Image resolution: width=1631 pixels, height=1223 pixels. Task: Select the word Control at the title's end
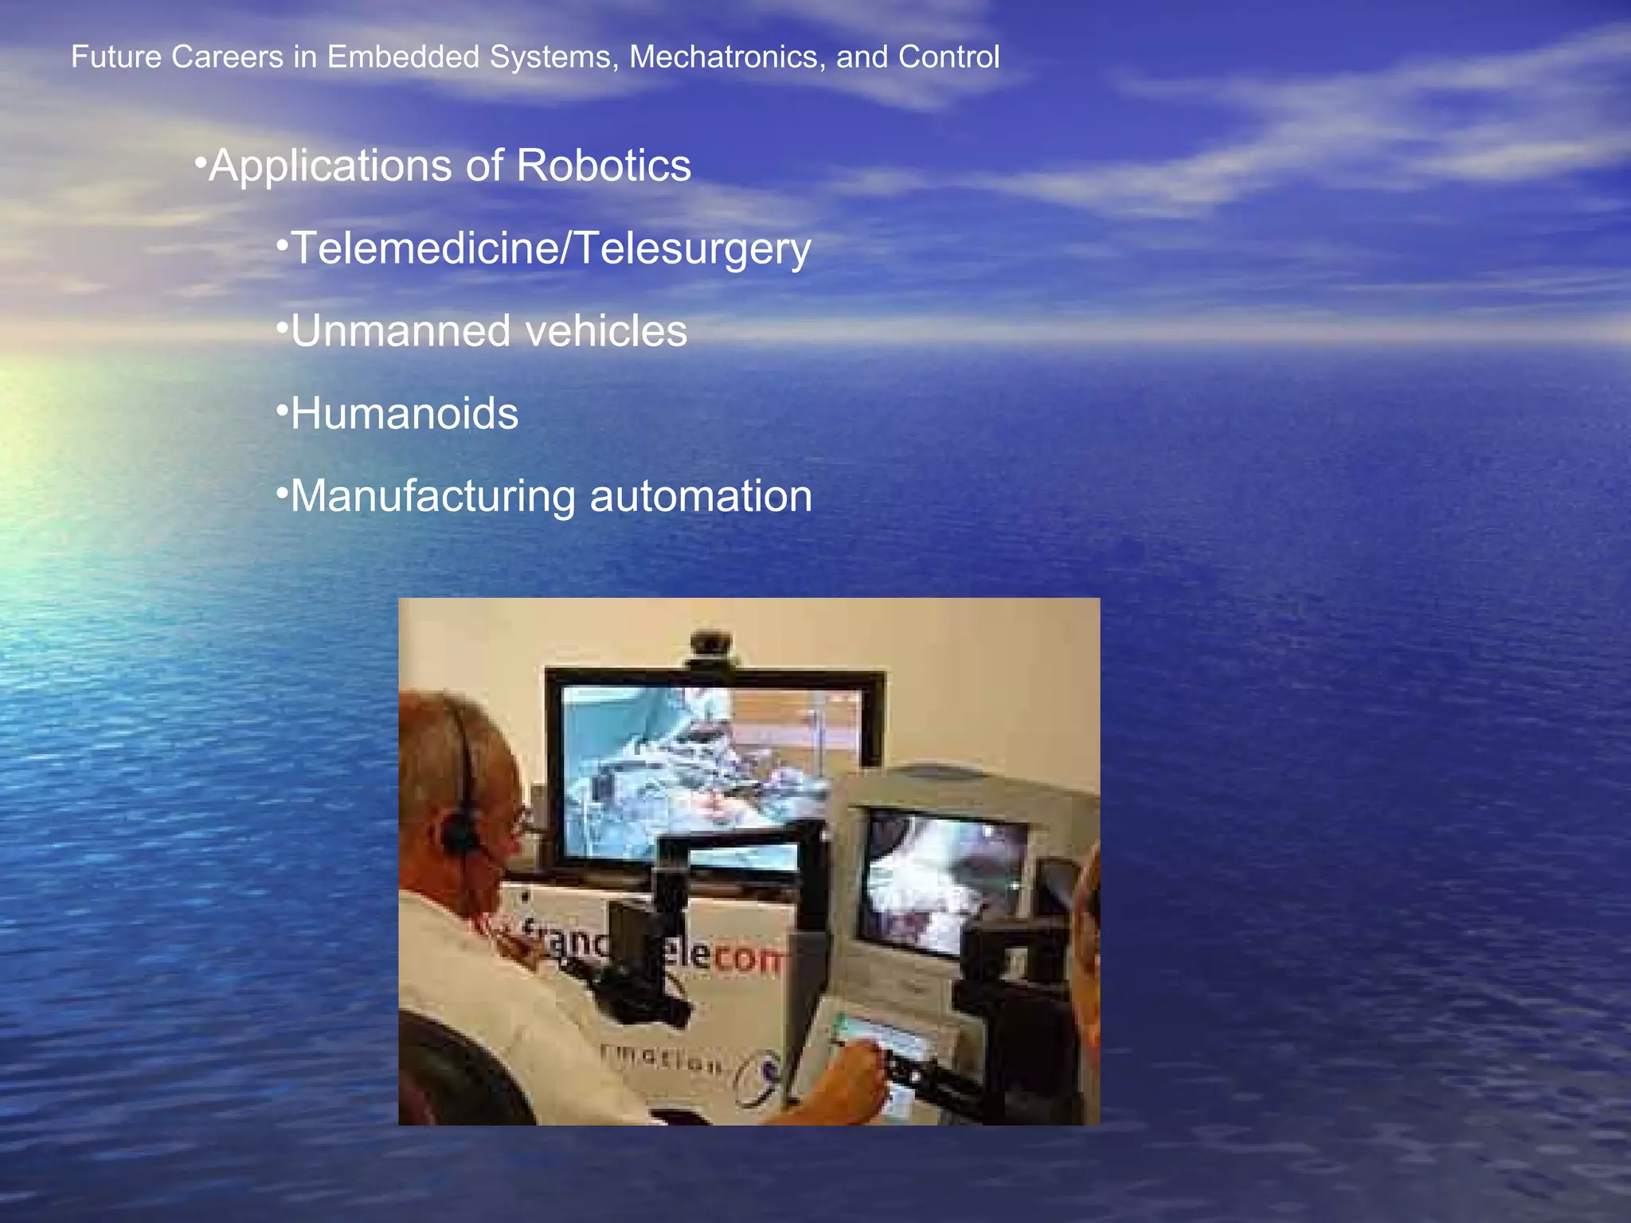pos(948,57)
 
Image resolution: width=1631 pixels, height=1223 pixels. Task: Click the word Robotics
pos(604,166)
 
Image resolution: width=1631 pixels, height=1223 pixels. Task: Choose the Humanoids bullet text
pos(405,414)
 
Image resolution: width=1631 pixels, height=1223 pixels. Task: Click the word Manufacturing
pos(433,496)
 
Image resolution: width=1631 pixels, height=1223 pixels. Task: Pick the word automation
pos(701,496)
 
